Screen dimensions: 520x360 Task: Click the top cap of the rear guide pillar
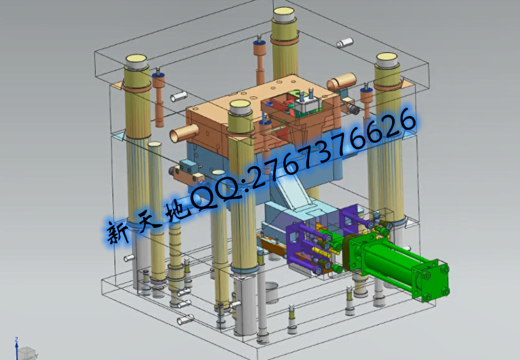284,14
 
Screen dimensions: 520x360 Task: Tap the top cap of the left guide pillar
136,62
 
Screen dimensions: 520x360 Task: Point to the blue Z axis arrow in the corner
17,348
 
